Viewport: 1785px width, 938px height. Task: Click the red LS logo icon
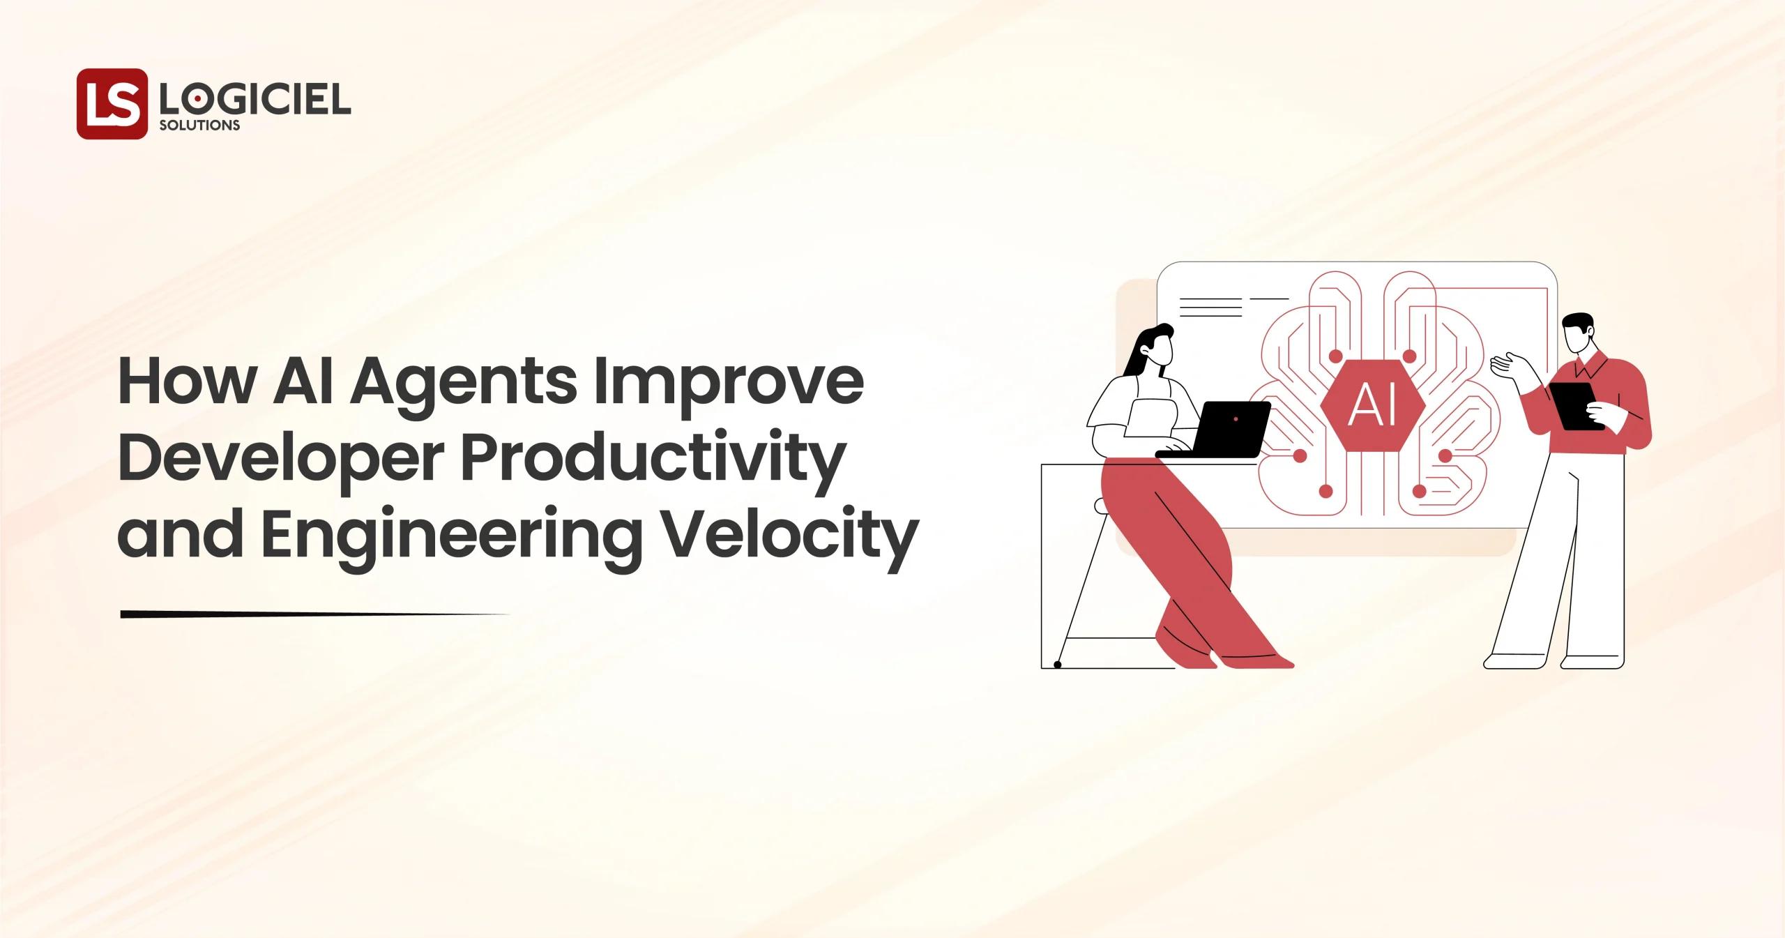coord(112,104)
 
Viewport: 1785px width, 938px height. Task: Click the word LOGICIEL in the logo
coord(255,101)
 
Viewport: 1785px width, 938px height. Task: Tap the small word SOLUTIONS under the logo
coord(199,126)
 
